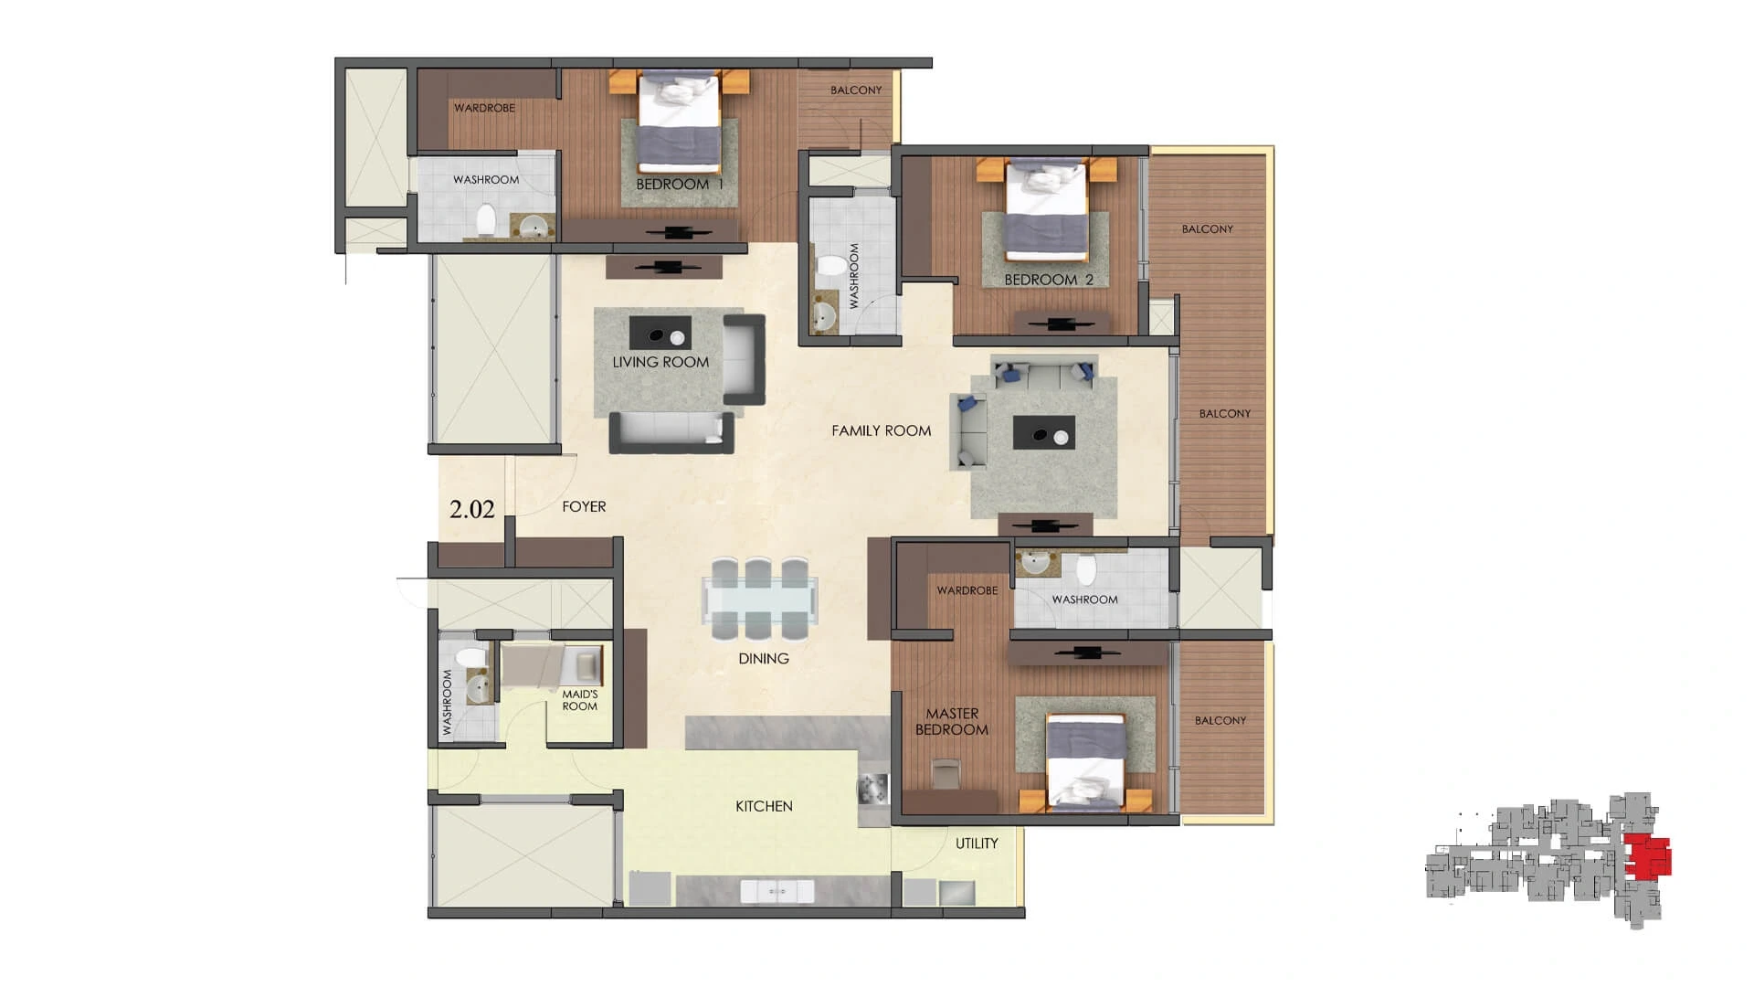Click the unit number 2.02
point(471,509)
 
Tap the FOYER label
point(584,506)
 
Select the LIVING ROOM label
point(660,362)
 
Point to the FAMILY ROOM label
point(882,430)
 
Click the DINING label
point(764,658)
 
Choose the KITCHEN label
point(764,806)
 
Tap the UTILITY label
point(977,844)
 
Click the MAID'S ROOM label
point(580,700)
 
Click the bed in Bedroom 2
point(1047,209)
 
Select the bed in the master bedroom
point(1085,762)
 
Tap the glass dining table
point(760,600)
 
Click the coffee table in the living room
point(660,334)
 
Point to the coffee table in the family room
point(1044,433)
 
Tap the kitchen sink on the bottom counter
point(777,891)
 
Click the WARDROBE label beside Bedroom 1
point(484,108)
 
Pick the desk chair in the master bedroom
point(946,774)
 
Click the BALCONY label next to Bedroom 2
point(1208,228)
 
